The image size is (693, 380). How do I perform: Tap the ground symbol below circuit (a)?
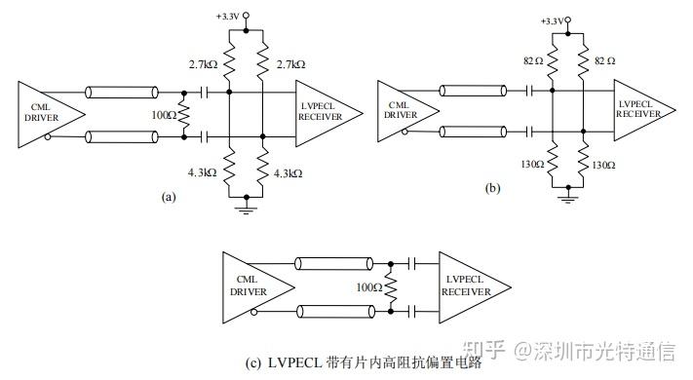pyautogui.click(x=244, y=208)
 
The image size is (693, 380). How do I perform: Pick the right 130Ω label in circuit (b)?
pyautogui.click(x=603, y=165)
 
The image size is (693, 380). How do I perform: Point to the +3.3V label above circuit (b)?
pyautogui.click(x=552, y=20)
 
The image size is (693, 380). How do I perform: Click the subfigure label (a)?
pyautogui.click(x=168, y=196)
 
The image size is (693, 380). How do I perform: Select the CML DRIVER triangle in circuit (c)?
pyautogui.click(x=249, y=287)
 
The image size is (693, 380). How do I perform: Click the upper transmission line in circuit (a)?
pyautogui.click(x=123, y=94)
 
